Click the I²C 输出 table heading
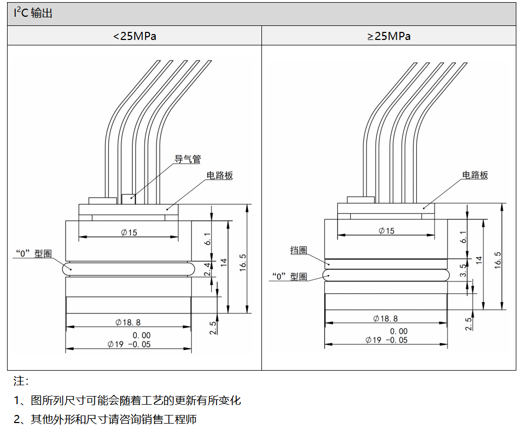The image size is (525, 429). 33,14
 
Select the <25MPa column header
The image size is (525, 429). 134,36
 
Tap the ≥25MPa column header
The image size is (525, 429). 389,36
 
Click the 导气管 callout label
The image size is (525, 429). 187,159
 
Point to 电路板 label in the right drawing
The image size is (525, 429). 475,175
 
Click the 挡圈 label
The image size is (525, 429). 299,250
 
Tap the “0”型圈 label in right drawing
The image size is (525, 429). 290,276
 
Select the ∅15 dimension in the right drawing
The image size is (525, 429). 386,231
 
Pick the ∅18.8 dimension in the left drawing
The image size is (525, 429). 128,322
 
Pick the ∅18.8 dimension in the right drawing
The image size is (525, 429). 386,319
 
